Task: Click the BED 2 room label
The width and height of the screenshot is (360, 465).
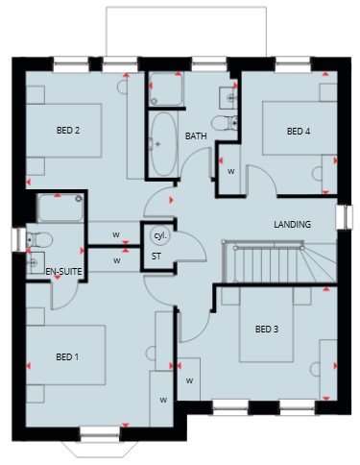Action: (68, 131)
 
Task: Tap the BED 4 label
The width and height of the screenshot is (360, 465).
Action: (299, 131)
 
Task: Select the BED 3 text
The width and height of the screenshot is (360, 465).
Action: (267, 329)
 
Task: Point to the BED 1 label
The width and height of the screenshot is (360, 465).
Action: (67, 356)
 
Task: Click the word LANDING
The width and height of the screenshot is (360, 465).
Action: (292, 224)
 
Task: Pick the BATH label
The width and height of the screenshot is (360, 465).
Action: (196, 136)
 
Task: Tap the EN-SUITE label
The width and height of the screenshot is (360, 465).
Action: (63, 272)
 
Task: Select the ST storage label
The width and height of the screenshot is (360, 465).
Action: (156, 257)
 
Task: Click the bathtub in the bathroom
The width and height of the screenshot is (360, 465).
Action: (163, 143)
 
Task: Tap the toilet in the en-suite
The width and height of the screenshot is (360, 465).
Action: (39, 239)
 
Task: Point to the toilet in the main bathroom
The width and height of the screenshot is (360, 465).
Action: (225, 123)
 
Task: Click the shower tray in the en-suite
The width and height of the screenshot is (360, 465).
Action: (60, 208)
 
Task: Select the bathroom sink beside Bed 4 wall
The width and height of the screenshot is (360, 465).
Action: (228, 97)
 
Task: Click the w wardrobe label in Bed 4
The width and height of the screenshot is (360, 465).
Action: (231, 171)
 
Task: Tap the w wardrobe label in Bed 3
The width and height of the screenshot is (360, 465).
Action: (190, 380)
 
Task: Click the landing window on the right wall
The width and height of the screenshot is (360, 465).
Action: (345, 217)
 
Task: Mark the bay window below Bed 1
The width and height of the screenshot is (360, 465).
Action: (100, 445)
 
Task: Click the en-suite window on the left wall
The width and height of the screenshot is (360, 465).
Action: (18, 239)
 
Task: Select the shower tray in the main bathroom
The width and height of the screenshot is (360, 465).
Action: (166, 89)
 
